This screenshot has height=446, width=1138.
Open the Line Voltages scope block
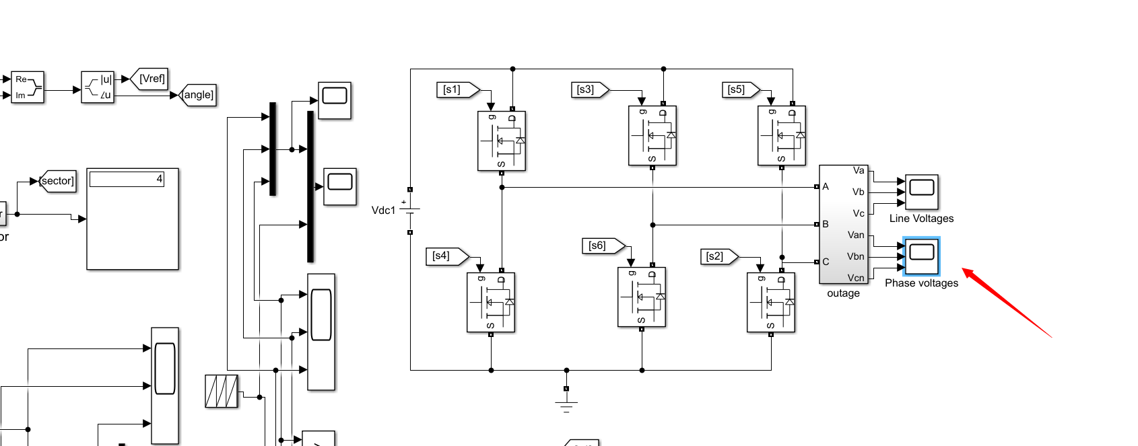point(921,192)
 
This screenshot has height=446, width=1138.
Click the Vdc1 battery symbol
point(409,211)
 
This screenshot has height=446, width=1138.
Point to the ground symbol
point(566,404)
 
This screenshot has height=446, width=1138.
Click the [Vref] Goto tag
point(149,79)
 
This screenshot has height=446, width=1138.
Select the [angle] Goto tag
point(199,95)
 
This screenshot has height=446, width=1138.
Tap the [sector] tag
point(58,181)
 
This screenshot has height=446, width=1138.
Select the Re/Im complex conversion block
point(28,87)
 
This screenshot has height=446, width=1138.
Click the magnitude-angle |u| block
point(98,87)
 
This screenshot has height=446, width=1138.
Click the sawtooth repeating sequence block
point(222,391)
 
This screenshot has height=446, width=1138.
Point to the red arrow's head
point(965,270)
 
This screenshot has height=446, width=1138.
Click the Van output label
point(855,235)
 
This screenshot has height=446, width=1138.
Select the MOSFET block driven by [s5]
point(781,136)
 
